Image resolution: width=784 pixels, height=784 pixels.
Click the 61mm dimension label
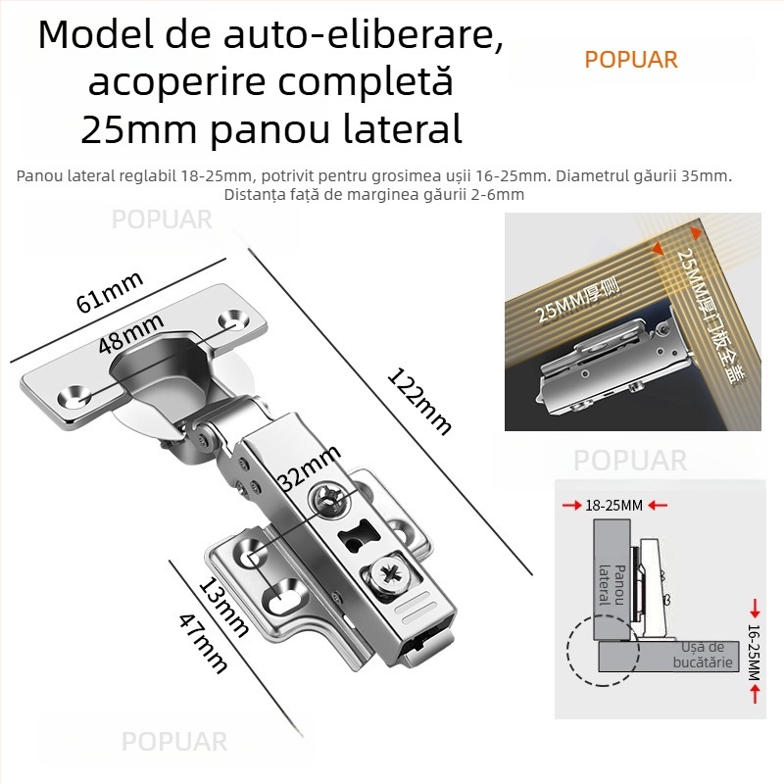(110, 290)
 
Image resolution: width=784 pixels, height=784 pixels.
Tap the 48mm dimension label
(130, 333)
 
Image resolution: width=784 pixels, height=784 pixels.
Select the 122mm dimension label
(419, 401)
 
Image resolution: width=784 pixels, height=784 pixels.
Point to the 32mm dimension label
(309, 467)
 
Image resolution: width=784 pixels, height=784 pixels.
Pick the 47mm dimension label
(203, 642)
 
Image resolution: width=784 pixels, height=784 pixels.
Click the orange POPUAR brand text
(630, 60)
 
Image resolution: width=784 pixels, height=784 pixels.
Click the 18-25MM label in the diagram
(613, 506)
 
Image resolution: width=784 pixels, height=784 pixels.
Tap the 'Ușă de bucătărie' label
(703, 655)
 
